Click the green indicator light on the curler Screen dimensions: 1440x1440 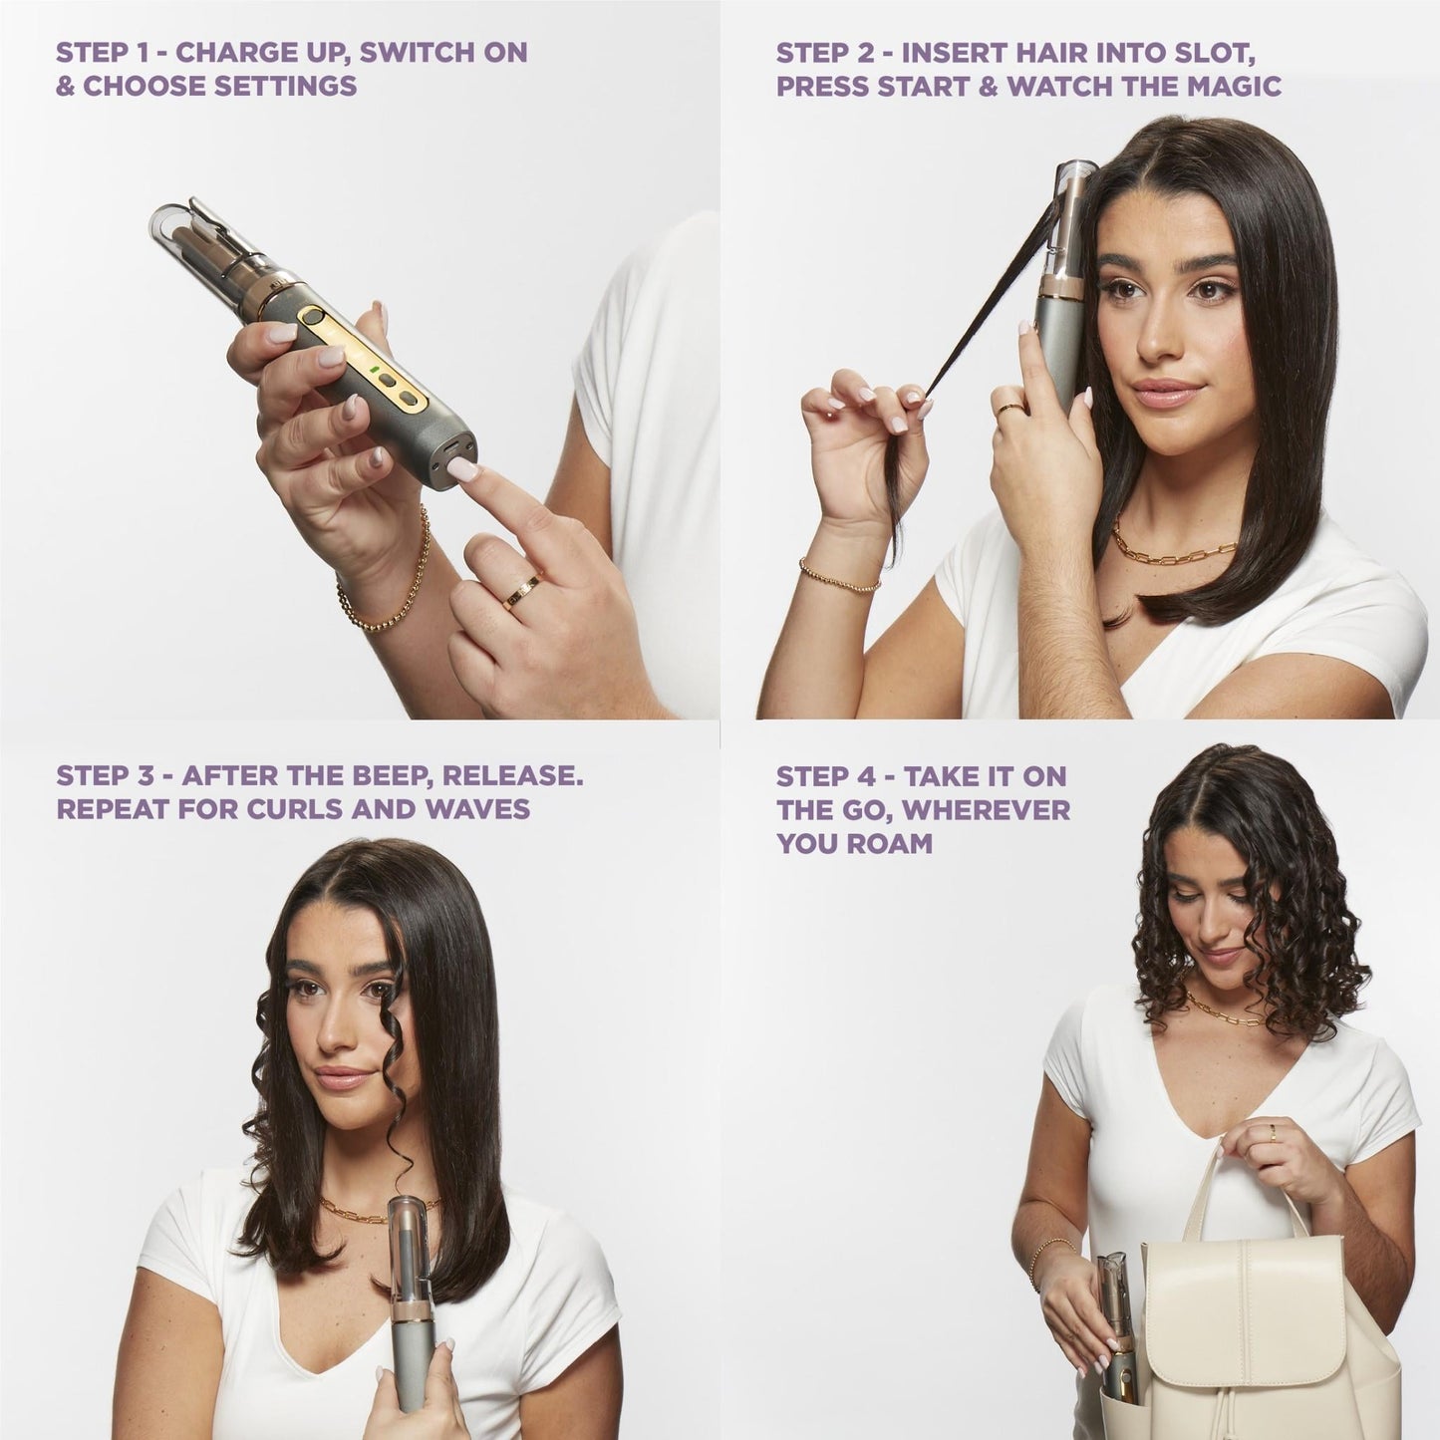point(374,375)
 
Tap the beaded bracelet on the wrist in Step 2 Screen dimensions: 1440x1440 point(839,575)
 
